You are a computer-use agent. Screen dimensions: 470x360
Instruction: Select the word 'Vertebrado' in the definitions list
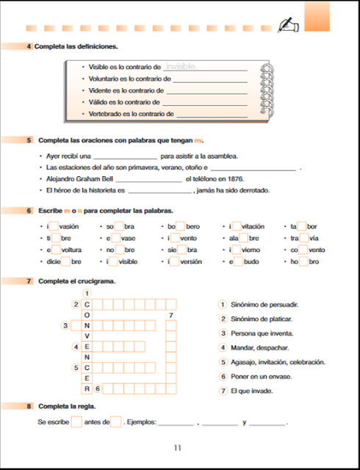point(106,114)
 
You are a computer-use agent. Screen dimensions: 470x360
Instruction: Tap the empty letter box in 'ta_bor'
point(301,227)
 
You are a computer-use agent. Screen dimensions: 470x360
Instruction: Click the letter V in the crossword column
point(87,336)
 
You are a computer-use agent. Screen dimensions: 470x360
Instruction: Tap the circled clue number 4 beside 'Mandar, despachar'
point(223,347)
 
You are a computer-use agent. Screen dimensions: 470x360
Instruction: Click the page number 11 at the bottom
point(177,448)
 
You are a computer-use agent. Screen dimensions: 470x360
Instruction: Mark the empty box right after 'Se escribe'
point(76,422)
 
